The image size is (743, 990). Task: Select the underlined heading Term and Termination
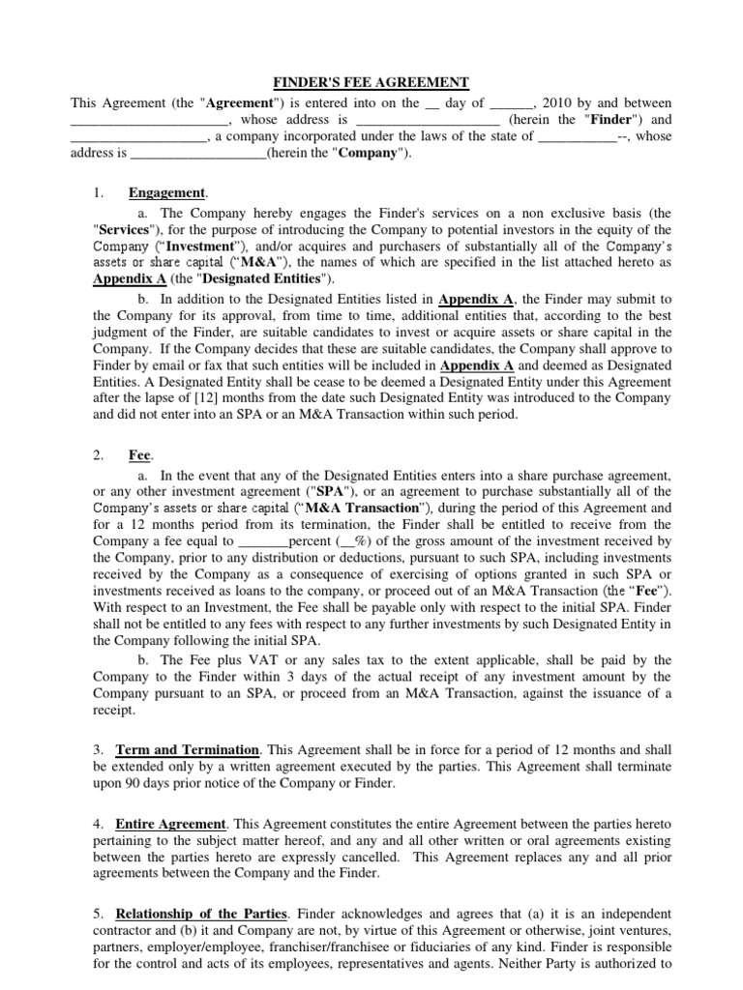pyautogui.click(x=188, y=749)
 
